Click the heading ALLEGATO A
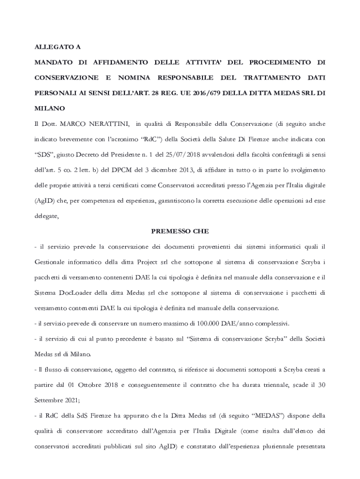coord(58,47)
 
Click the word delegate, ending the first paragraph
coord(47,216)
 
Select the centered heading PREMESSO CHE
coord(180,231)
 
